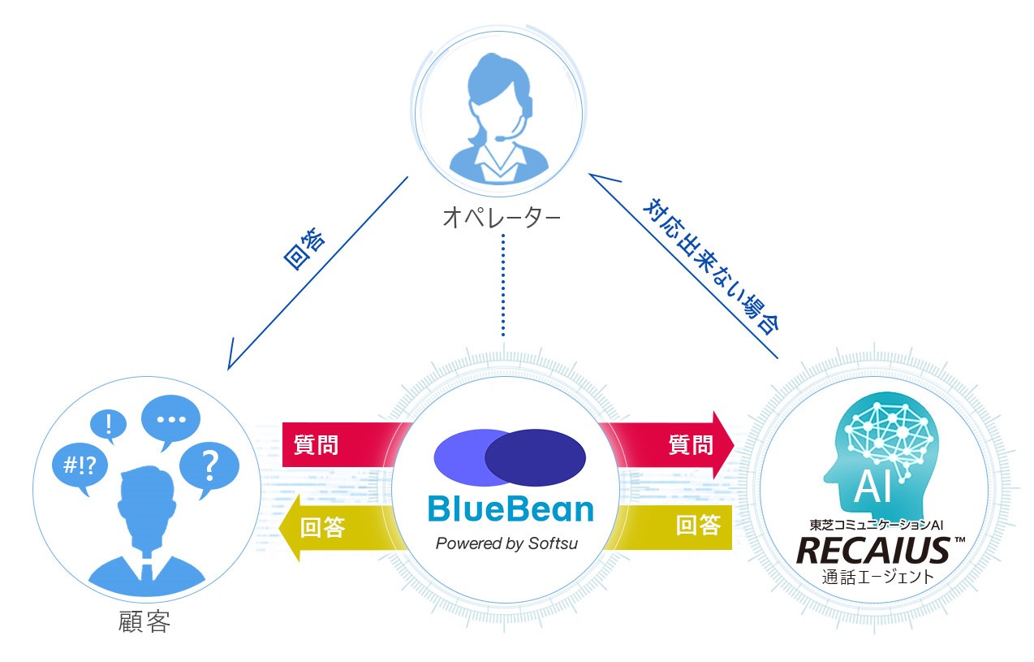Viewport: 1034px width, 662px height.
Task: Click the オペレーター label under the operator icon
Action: click(502, 218)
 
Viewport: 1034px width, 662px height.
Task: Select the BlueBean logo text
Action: click(510, 509)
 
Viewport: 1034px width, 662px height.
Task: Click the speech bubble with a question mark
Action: click(209, 465)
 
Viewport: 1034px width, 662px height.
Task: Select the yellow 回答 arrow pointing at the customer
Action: click(335, 529)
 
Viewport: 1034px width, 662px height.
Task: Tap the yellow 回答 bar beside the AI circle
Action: click(673, 526)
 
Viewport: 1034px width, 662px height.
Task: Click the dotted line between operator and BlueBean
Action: click(502, 284)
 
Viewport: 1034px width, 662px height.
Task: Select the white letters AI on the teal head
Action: click(872, 487)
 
